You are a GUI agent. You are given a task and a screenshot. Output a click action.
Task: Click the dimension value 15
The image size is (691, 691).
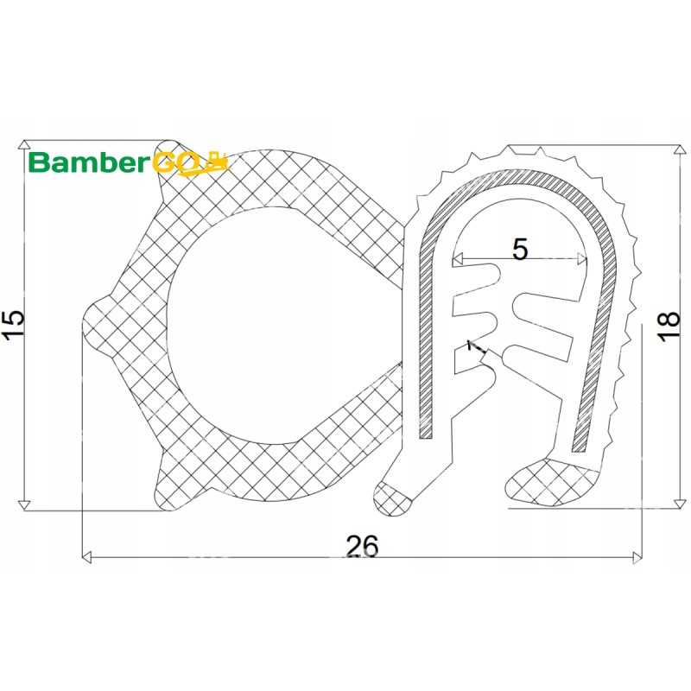13,325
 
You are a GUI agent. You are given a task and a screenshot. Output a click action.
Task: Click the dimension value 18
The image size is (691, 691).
669,326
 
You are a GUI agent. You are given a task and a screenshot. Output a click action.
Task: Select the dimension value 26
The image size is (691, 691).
362,547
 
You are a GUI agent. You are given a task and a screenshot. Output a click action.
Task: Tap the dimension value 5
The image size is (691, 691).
520,249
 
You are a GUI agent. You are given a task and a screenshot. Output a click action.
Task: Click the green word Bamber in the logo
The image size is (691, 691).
87,162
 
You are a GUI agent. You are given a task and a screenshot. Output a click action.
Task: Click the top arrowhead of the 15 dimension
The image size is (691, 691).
25,145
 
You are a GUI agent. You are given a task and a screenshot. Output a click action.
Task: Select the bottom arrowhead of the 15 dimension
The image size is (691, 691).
25,505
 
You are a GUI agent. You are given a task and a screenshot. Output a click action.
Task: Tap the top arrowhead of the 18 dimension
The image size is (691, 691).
680,149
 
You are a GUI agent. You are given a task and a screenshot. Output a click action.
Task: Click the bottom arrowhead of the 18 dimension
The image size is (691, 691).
680,504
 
